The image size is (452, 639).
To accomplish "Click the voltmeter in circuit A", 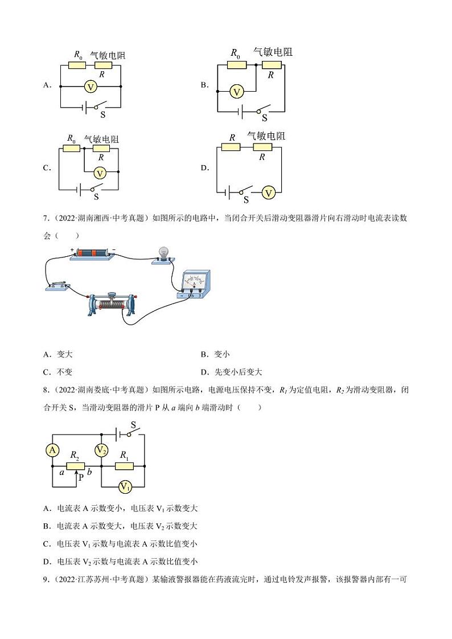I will [89, 87].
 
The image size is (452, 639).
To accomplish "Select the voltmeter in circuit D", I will [269, 193].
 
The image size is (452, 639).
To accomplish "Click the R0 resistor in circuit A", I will [77, 65].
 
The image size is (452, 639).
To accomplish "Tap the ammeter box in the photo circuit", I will [195, 285].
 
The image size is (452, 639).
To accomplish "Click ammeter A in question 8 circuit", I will [52, 450].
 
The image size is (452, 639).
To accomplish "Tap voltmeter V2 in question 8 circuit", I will [101, 450].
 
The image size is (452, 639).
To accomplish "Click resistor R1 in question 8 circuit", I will [124, 466].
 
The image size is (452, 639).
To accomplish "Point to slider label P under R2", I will [81, 478].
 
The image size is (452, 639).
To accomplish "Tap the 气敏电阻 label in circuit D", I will [266, 136].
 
